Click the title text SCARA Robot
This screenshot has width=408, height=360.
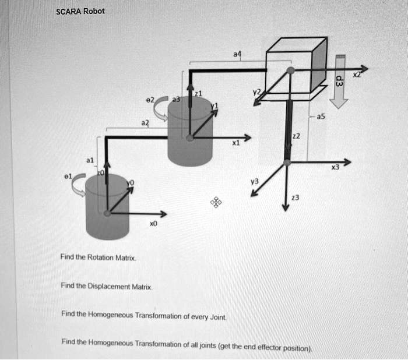click(80, 11)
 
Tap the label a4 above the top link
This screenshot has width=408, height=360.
click(236, 54)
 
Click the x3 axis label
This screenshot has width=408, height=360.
click(335, 168)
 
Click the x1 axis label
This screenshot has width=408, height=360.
click(235, 143)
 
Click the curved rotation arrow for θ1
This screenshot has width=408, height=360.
click(78, 185)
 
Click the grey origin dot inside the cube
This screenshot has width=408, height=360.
click(290, 70)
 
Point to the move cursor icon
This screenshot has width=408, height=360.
click(216, 202)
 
